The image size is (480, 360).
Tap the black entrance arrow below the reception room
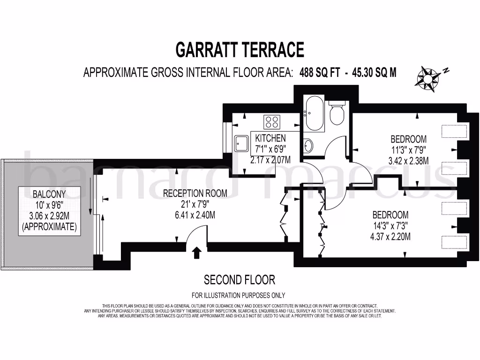[197, 253]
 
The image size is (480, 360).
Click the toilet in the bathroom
[337, 113]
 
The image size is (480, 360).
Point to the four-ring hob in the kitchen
[272, 122]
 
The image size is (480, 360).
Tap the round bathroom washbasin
[308, 146]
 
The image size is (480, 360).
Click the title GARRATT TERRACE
[240, 49]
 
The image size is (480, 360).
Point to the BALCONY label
[49, 194]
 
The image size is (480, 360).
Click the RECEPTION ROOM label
[195, 193]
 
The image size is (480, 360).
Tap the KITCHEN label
[270, 138]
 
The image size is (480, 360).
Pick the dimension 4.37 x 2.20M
[391, 237]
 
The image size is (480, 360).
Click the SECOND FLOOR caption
[239, 280]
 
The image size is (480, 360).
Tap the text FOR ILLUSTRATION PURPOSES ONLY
[239, 295]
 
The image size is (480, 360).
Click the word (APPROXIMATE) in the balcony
[49, 227]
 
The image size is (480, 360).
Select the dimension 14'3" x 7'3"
[391, 226]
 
